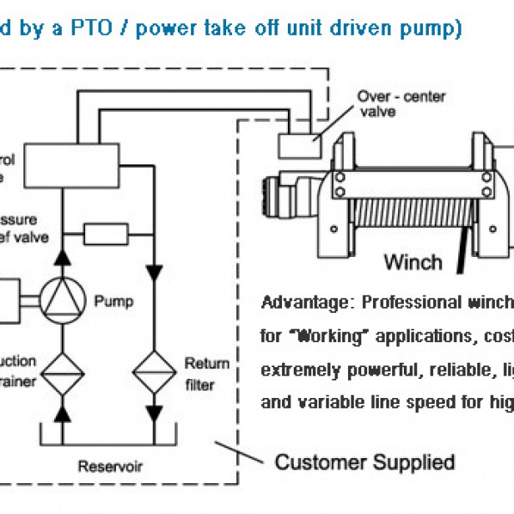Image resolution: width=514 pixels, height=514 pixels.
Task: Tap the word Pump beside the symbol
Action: point(113,300)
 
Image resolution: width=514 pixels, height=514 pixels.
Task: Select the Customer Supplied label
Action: point(365,461)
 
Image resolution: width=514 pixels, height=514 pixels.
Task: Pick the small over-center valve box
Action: point(298,146)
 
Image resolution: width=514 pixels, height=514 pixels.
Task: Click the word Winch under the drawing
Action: point(412,262)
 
